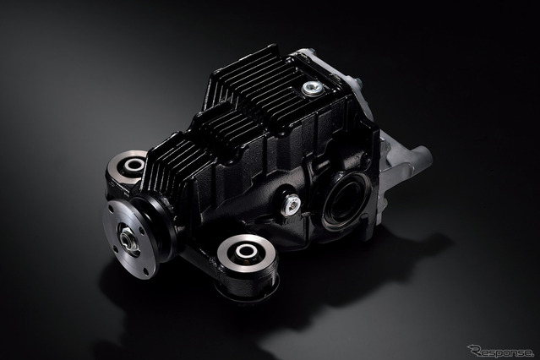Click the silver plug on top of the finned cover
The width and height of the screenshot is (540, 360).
(x=313, y=89)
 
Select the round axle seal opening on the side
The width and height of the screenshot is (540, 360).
(x=346, y=200)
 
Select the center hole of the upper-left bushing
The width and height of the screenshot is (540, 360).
(x=134, y=165)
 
